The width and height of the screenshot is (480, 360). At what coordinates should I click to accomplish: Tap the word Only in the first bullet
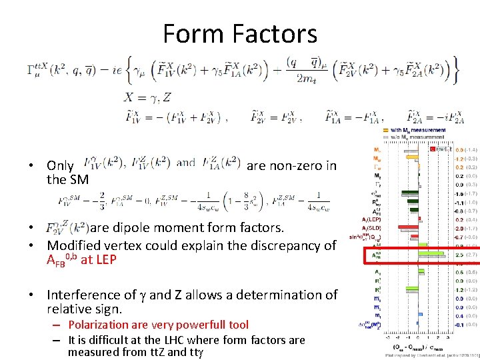[x=60, y=165]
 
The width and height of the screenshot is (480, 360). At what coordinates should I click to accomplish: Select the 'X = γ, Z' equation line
[x=147, y=98]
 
